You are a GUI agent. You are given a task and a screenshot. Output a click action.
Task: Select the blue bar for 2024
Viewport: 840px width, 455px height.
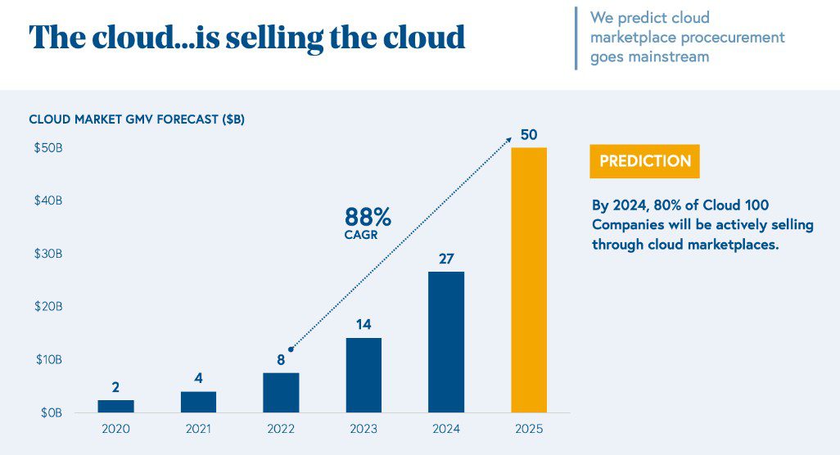tap(446, 342)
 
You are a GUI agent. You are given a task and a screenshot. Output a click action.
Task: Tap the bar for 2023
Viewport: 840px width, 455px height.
tap(364, 375)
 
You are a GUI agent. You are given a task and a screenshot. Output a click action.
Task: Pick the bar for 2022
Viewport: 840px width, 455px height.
tap(281, 393)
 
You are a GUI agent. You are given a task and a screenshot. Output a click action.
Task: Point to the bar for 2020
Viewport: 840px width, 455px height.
tap(115, 406)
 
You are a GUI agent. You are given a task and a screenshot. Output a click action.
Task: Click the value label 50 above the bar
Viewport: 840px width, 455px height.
tap(529, 134)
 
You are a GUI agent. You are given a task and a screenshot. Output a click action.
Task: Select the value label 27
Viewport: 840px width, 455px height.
tap(446, 259)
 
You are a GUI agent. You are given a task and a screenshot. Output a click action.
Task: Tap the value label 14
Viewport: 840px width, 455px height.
tap(364, 324)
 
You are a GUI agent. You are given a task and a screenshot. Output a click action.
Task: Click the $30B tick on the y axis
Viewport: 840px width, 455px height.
tap(47, 254)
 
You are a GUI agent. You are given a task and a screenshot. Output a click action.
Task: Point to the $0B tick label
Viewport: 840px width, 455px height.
tap(51, 412)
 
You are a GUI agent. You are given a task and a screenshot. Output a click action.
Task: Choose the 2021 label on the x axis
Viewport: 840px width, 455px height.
tap(198, 429)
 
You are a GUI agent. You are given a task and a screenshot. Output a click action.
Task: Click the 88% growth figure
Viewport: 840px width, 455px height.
tap(368, 217)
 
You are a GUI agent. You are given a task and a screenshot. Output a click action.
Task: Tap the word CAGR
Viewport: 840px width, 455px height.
tap(361, 235)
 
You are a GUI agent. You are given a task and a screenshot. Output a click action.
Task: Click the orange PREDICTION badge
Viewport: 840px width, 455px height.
tap(644, 161)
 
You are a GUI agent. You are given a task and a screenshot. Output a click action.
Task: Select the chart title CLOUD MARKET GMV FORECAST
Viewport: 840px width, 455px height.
tap(136, 119)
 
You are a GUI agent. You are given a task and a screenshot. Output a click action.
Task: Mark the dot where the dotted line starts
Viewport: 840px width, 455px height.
tap(291, 349)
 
